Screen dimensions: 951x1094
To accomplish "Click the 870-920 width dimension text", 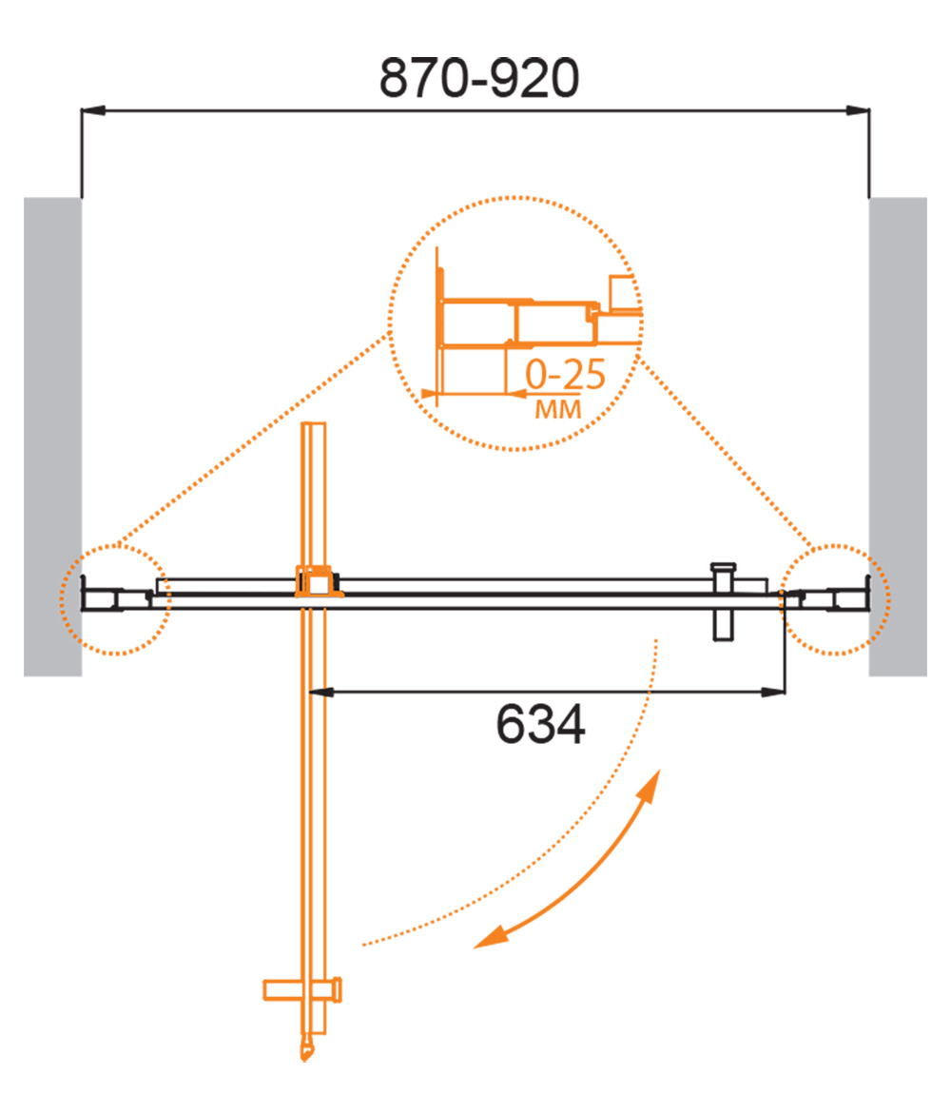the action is tap(478, 77).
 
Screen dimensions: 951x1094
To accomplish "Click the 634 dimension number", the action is tap(540, 724).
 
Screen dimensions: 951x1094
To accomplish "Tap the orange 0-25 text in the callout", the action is tap(565, 375).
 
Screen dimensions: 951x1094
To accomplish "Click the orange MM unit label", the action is tap(558, 409).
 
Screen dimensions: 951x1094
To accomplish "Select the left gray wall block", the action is tap(53, 437).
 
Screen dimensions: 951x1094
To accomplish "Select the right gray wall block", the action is tap(898, 437).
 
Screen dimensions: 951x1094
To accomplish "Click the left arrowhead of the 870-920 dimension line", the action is tap(93, 110).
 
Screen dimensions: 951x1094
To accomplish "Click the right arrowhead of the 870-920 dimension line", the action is tap(858, 110).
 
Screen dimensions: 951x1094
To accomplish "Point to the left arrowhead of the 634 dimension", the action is tap(320, 693).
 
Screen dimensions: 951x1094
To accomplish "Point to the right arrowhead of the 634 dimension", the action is tap(773, 693).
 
